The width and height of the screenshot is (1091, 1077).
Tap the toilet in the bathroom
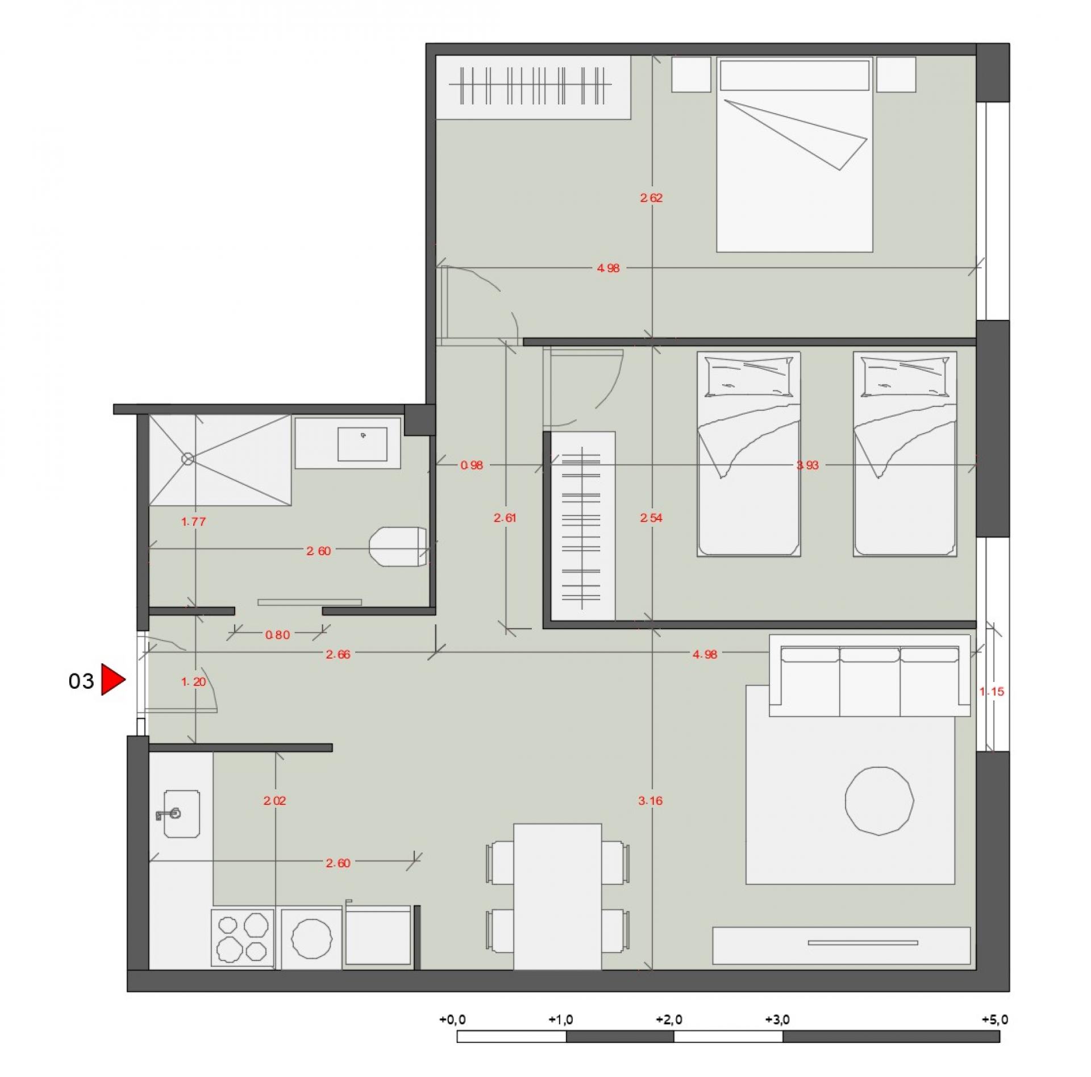tap(398, 546)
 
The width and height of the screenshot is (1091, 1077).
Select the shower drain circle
tap(188, 459)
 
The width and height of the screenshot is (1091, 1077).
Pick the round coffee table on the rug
tap(879, 801)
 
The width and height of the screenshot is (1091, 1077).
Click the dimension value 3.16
tap(651, 801)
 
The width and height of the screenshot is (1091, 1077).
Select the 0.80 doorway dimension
tap(277, 635)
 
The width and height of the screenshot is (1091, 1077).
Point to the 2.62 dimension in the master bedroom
tap(651, 198)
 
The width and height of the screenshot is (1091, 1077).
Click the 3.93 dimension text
tap(807, 465)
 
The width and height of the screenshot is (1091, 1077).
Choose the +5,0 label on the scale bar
tap(995, 1020)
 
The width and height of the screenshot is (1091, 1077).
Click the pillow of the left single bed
tap(748, 376)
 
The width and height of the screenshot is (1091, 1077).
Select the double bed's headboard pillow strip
tap(794, 74)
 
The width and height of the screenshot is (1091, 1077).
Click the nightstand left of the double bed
tap(691, 74)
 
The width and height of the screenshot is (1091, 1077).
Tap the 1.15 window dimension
tap(992, 692)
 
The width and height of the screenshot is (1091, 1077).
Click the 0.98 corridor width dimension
tap(472, 465)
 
